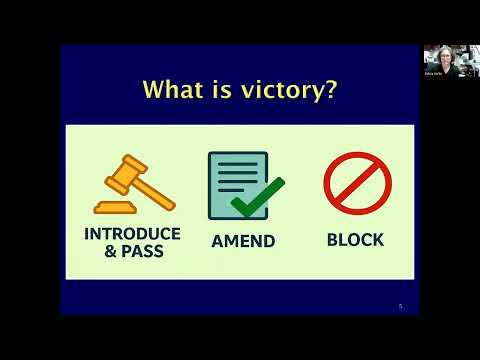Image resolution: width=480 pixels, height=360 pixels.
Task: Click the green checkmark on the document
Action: coord(257,195)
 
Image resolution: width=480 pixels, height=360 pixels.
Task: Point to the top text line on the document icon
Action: coord(236,166)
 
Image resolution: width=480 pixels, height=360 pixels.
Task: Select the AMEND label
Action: coord(243,241)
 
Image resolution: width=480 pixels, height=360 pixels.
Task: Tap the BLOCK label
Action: coord(355,240)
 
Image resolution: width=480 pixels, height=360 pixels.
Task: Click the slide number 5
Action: coord(400,306)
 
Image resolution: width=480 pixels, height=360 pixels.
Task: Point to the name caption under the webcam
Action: coord(432,73)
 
